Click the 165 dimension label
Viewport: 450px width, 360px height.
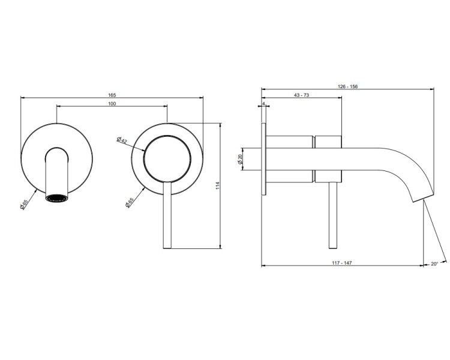pos(112,95)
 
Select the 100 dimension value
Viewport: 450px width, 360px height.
pos(112,104)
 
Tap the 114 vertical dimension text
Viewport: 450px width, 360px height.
pos(218,185)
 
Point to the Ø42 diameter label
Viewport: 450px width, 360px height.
pos(122,140)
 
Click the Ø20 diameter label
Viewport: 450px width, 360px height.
pos(240,159)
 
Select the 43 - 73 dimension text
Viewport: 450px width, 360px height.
pos(302,95)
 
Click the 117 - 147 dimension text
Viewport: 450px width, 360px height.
pos(342,263)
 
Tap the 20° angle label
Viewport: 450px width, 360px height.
pos(434,263)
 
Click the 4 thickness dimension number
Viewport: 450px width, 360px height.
pos(263,103)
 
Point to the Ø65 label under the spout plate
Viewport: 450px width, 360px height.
pos(24,205)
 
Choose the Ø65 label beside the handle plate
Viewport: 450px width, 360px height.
pos(130,202)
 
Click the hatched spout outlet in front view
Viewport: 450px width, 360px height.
pos(57,198)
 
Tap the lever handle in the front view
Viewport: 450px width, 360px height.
pos(167,215)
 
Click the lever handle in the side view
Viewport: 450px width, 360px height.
pos(332,215)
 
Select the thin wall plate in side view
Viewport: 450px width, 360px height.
pos(264,160)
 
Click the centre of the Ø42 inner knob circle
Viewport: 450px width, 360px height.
pos(167,159)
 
